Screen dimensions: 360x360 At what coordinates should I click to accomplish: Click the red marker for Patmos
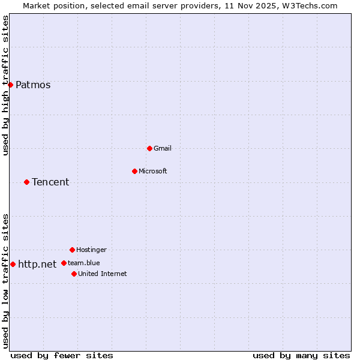pyautogui.click(x=10, y=85)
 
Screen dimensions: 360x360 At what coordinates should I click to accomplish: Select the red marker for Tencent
pyautogui.click(x=26, y=182)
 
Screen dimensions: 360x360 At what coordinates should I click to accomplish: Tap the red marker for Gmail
pyautogui.click(x=149, y=148)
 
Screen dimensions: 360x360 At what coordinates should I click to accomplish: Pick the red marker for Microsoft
pyautogui.click(x=134, y=171)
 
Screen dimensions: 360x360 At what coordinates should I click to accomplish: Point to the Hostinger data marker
pyautogui.click(x=72, y=250)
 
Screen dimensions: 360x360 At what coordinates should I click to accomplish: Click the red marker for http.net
pyautogui.click(x=13, y=264)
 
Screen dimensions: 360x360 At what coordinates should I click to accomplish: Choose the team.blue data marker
pyautogui.click(x=64, y=263)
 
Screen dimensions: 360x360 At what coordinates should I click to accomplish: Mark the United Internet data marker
pyautogui.click(x=74, y=274)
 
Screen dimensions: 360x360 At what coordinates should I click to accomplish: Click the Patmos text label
pyautogui.click(x=33, y=85)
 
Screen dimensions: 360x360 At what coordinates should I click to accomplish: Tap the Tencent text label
pyautogui.click(x=50, y=182)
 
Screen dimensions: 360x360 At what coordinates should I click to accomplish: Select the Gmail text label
pyautogui.click(x=163, y=148)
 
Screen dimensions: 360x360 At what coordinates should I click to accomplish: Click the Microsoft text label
pyautogui.click(x=153, y=171)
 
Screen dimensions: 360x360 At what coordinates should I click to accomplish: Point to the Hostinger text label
pyautogui.click(x=91, y=250)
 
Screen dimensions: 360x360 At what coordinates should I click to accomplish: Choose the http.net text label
pyautogui.click(x=37, y=264)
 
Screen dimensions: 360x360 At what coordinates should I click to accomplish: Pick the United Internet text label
pyautogui.click(x=103, y=274)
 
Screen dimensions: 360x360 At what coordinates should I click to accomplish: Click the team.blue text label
pyautogui.click(x=84, y=263)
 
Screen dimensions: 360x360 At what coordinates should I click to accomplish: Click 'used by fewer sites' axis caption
pyautogui.click(x=62, y=355)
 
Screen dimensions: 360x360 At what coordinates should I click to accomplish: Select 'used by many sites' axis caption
pyautogui.click(x=301, y=355)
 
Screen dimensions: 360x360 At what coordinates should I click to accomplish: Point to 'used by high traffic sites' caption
pyautogui.click(x=6, y=85)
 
